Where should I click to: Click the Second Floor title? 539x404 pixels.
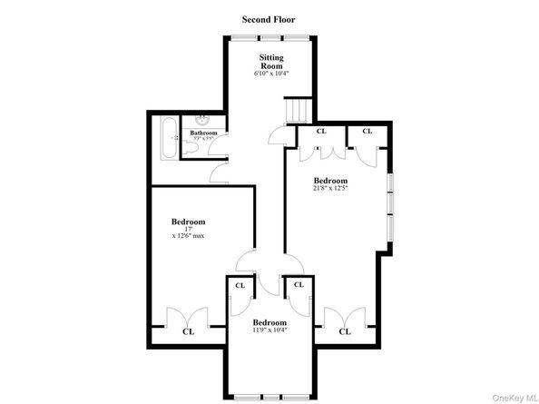point(269,18)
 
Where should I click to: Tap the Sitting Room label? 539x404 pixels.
point(271,62)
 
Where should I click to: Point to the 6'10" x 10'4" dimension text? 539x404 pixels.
point(271,74)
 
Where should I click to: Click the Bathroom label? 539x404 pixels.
point(203,133)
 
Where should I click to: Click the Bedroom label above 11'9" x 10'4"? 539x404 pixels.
point(269,322)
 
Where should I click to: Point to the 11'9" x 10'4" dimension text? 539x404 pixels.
point(269,330)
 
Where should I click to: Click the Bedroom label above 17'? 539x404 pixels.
point(188,222)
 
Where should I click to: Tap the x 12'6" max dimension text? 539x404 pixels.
point(188,236)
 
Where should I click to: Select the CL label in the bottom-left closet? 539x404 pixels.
point(188,331)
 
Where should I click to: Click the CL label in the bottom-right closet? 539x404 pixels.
point(345,331)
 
